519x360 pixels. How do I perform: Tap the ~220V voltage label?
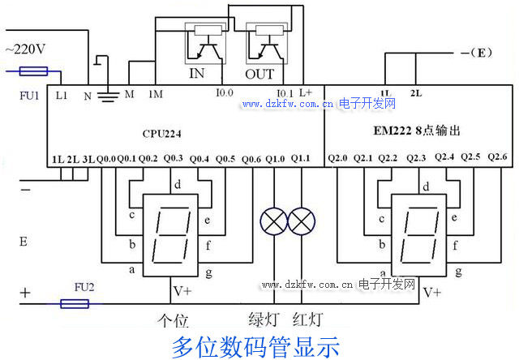pyautogui.click(x=25, y=49)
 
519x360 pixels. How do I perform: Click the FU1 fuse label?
pyautogui.click(x=29, y=95)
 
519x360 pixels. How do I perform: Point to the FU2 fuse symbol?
pyautogui.click(x=75, y=304)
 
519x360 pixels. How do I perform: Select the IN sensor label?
pyautogui.click(x=197, y=74)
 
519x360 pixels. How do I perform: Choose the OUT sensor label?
pyautogui.click(x=260, y=74)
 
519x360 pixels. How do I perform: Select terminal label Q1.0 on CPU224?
pyautogui.click(x=276, y=158)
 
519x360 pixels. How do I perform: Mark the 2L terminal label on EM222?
pyautogui.click(x=416, y=93)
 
